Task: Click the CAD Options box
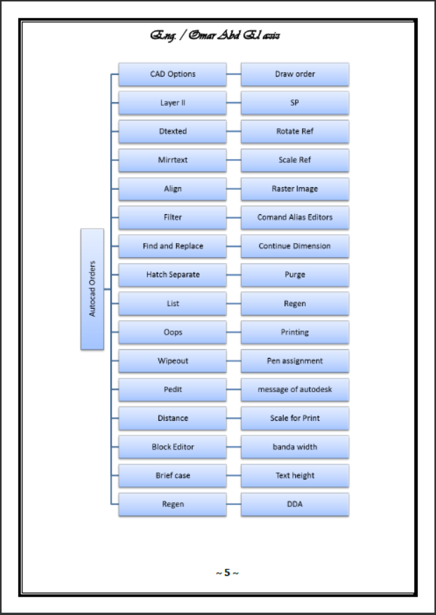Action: click(172, 74)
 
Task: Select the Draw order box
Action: click(294, 74)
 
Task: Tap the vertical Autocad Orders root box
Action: click(92, 289)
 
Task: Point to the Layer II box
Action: click(172, 103)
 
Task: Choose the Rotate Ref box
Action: click(294, 132)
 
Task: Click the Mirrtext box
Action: click(172, 160)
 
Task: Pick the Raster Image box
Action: click(294, 189)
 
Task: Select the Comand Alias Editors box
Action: click(294, 218)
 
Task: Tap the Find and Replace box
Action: click(172, 247)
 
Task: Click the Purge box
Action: click(294, 275)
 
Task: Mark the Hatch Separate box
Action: click(172, 275)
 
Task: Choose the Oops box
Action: click(172, 333)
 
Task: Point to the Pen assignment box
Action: click(294, 361)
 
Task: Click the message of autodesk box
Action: click(294, 390)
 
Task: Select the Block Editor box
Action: click(172, 447)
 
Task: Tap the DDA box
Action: click(294, 504)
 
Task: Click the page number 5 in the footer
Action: click(227, 573)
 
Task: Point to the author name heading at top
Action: click(216, 35)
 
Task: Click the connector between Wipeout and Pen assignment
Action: click(233, 361)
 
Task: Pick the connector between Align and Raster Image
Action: click(233, 189)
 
